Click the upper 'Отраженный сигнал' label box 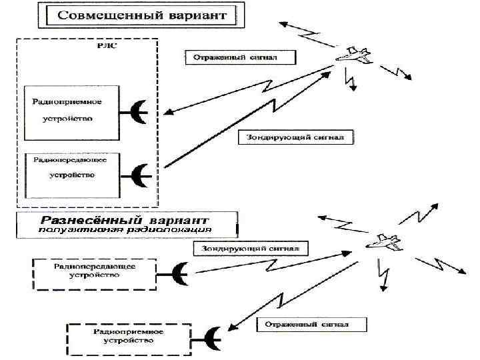click(x=239, y=57)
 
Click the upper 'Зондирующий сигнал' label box click(x=296, y=138)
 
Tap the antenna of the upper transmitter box click(x=140, y=175)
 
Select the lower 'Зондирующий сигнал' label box click(x=251, y=249)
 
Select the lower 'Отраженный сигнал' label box click(x=311, y=325)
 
